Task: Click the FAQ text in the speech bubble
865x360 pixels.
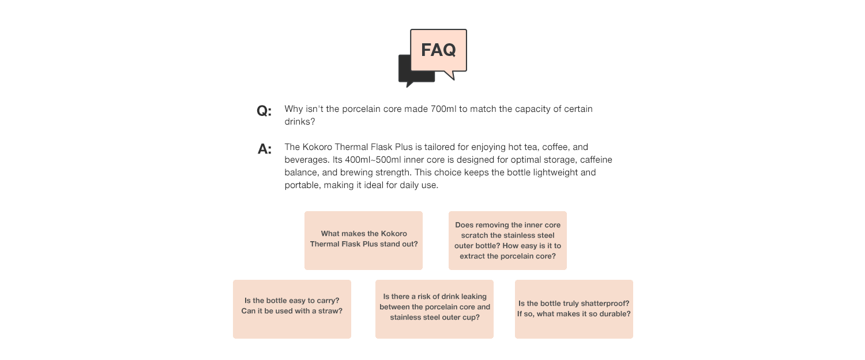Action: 438,50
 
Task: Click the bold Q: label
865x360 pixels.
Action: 264,111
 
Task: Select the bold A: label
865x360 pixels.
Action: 265,149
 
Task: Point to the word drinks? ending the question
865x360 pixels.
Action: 300,122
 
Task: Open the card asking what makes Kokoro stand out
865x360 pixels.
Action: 363,240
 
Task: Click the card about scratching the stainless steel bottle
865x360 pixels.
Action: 507,240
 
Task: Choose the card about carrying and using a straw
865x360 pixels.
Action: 292,309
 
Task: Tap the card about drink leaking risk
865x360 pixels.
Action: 434,309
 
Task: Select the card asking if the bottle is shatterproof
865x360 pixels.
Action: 574,309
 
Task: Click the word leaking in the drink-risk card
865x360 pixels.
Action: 474,297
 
